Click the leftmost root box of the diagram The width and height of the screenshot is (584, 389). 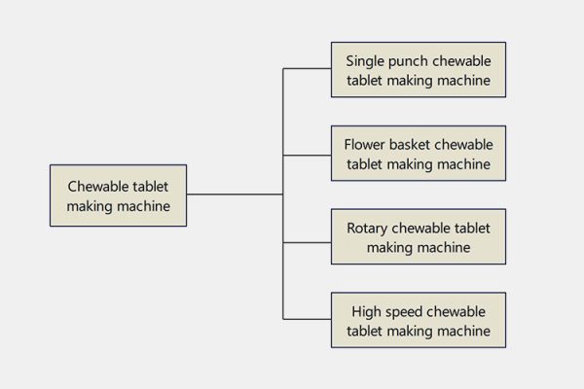coord(119,194)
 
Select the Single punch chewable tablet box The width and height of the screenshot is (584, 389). coord(419,69)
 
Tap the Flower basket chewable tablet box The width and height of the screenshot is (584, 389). coord(419,154)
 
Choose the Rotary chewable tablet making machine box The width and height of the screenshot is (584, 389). coord(419,236)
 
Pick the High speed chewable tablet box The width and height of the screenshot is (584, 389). coord(419,320)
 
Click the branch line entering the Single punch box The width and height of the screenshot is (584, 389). coord(307,69)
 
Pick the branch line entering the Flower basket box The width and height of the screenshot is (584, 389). coord(307,154)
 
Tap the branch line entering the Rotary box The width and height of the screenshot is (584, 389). coord(307,236)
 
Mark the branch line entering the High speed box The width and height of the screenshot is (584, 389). coord(307,320)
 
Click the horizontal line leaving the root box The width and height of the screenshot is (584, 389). coord(234,194)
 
